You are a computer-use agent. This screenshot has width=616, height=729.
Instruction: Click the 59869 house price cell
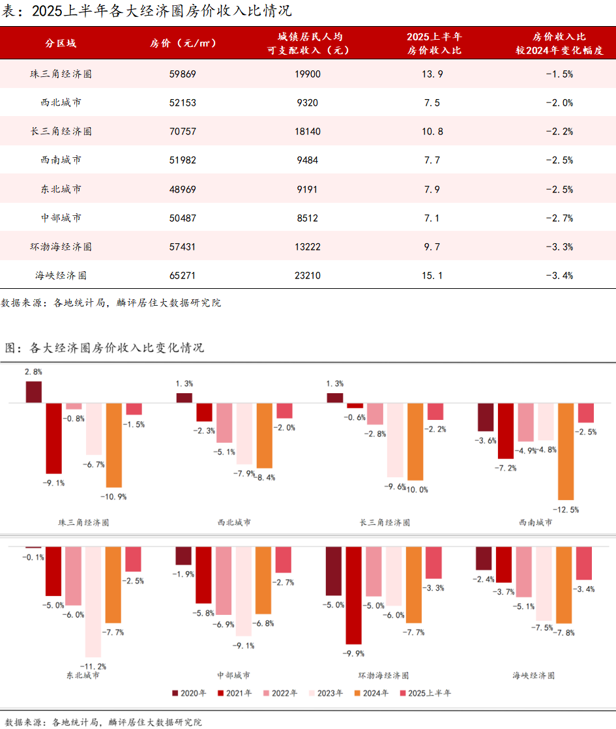point(182,74)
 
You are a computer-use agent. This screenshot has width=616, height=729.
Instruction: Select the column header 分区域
point(61,43)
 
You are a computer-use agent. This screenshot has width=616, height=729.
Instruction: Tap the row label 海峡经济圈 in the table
point(61,276)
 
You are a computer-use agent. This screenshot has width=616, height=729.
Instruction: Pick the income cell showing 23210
point(308,276)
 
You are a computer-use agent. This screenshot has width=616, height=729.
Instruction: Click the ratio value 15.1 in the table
point(432,276)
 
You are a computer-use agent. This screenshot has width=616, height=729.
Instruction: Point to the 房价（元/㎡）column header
point(183,43)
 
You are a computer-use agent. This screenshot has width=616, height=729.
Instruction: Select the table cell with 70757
point(182,132)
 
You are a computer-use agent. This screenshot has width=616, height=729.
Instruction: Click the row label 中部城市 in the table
point(61,218)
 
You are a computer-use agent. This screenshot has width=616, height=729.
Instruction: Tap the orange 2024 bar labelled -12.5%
point(566,451)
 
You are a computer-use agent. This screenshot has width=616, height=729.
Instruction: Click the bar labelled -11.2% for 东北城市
point(94,601)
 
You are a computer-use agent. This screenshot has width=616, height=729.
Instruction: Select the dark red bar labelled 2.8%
point(34,392)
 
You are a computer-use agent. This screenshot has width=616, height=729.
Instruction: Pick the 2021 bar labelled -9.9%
point(354,595)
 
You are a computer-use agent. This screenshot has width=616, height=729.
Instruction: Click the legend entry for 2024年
point(372,693)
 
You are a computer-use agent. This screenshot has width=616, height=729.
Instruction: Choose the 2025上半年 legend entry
point(424,693)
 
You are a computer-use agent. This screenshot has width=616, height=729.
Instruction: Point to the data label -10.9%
point(113,497)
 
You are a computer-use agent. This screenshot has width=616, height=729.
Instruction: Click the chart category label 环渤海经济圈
point(385,676)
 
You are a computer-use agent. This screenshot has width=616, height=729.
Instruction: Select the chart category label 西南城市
point(535,522)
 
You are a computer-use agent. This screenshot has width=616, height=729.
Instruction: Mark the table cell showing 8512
point(308,218)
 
